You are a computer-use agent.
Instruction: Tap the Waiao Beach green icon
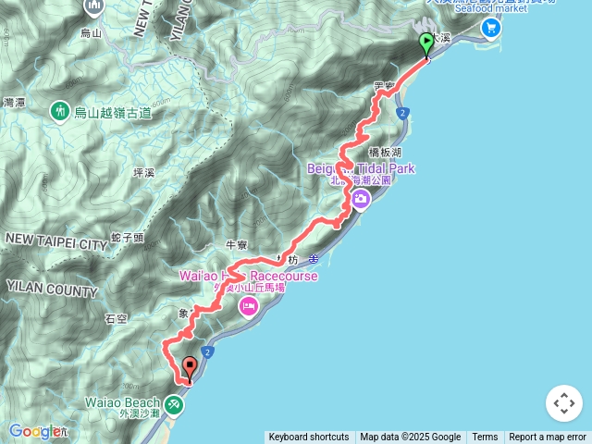174,404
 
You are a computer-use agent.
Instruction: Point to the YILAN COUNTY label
51,290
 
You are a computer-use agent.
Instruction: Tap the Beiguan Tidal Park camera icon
359,199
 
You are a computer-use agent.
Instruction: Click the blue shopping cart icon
490,28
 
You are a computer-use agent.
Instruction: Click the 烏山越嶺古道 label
112,113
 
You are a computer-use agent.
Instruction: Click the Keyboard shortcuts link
309,438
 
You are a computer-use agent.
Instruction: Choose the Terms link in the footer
485,438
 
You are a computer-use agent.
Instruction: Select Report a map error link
548,438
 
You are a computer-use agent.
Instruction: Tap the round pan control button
564,403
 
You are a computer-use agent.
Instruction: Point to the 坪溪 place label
144,172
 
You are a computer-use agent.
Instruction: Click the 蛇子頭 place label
127,238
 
